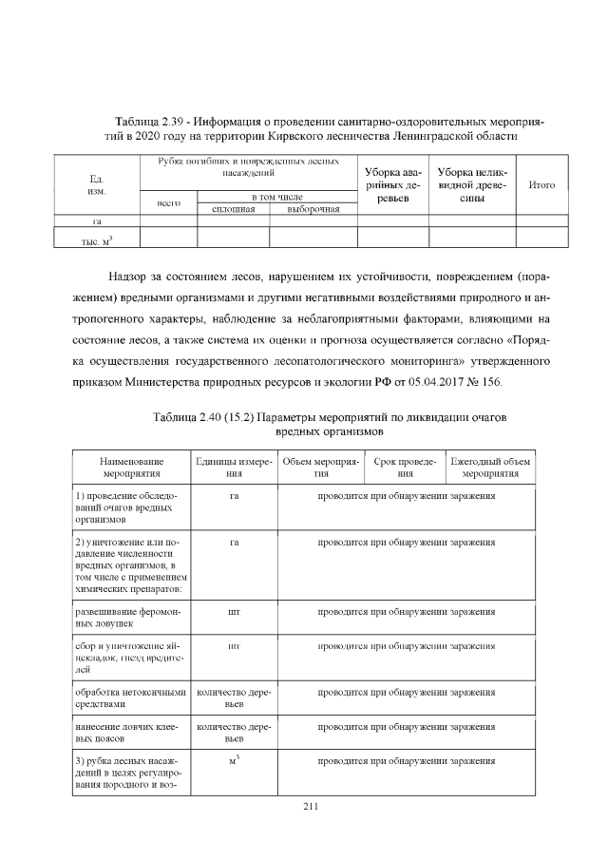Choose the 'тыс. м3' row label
(x=96, y=239)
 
